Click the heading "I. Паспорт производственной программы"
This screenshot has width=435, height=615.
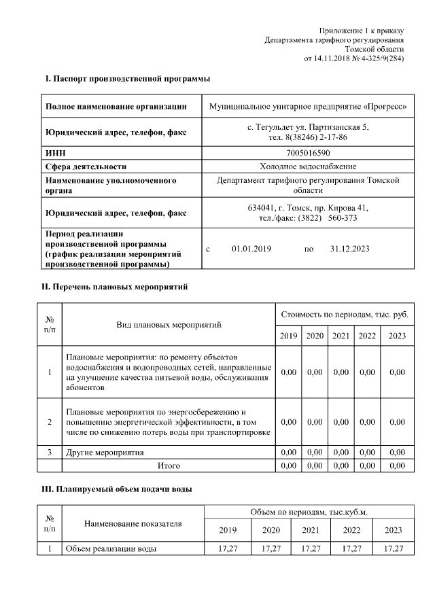[x=127, y=80]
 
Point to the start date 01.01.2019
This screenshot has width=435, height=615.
[x=251, y=249]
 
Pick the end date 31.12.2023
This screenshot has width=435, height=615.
[x=349, y=249]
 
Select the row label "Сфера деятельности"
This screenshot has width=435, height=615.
[x=86, y=166]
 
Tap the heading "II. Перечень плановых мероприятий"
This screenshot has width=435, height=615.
[x=115, y=287]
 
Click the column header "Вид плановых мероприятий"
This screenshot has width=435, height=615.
[x=169, y=325]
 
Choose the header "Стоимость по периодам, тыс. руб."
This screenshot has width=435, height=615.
[x=345, y=315]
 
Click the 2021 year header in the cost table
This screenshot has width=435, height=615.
[x=341, y=336]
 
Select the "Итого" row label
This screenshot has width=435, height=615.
[x=169, y=465]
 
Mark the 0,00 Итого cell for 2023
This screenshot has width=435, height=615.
[x=396, y=465]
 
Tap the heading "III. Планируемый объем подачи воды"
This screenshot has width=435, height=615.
[x=117, y=489]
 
